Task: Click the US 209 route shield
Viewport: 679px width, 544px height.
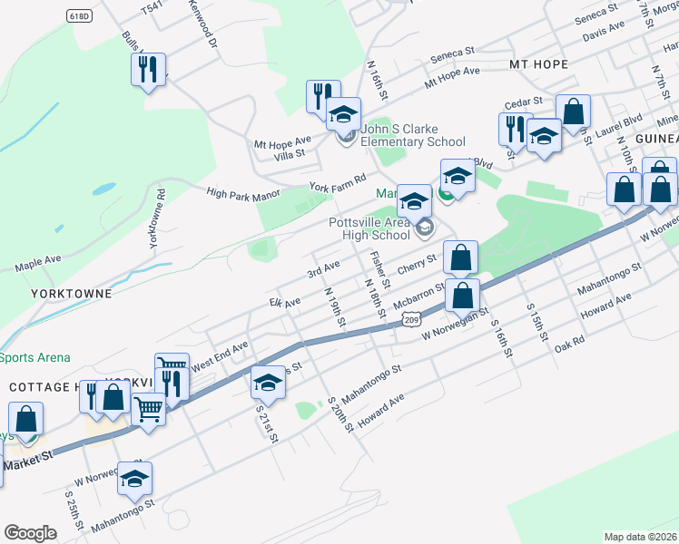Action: tap(411, 319)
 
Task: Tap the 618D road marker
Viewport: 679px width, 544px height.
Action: tap(80, 16)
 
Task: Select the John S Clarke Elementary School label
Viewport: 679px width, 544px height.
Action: tap(413, 135)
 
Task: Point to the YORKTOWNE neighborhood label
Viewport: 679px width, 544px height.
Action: tap(70, 294)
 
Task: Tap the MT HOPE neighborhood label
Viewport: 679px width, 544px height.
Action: tap(538, 64)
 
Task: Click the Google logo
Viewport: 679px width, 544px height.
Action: tap(30, 533)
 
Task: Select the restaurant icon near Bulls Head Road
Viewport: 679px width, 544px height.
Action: tap(148, 70)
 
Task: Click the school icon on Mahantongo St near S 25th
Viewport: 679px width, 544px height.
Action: tap(135, 479)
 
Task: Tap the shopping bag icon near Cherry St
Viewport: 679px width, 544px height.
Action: tap(461, 257)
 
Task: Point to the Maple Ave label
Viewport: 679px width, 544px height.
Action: tap(38, 264)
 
